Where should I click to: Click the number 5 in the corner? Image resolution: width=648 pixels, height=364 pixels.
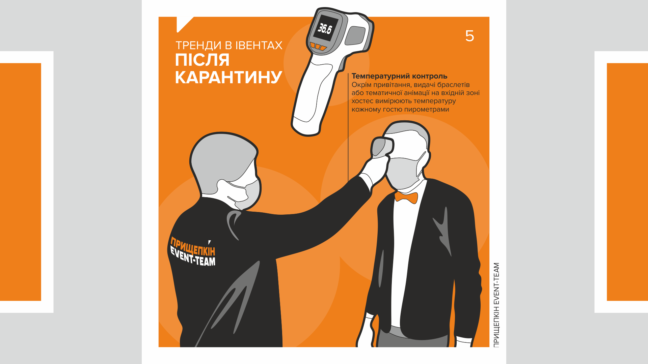469,36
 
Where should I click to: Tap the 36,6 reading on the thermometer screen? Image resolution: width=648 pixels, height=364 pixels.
325,29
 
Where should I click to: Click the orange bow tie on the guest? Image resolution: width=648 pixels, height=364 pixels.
406,198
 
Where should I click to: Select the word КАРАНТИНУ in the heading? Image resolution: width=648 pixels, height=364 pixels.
228,77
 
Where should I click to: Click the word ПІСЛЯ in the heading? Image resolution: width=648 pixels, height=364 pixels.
202,60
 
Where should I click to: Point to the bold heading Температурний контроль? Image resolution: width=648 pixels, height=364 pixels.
399,76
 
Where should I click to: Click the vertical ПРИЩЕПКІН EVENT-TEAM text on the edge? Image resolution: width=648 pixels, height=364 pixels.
496,305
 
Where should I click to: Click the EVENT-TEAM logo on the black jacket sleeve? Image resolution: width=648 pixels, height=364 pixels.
192,252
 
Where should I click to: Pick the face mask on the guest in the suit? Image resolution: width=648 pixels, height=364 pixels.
403,172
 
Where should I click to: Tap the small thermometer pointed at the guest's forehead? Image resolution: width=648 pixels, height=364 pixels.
382,147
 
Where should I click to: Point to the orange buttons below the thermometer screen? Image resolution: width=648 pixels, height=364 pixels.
318,47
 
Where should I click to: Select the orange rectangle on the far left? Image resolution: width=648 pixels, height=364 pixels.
20,182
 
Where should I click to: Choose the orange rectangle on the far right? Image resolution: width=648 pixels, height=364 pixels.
627,182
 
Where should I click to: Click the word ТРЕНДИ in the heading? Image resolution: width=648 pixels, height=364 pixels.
198,45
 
